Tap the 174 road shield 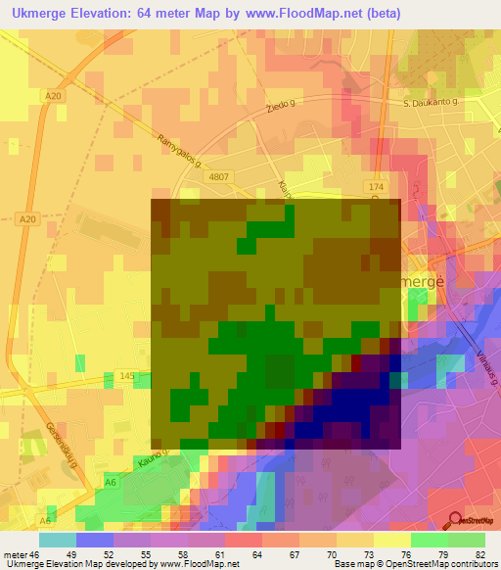pyautogui.click(x=378, y=185)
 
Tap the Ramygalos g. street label pyautogui.click(x=178, y=149)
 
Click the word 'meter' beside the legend pyautogui.click(x=15, y=554)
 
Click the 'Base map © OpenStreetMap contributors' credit pyautogui.click(x=414, y=564)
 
